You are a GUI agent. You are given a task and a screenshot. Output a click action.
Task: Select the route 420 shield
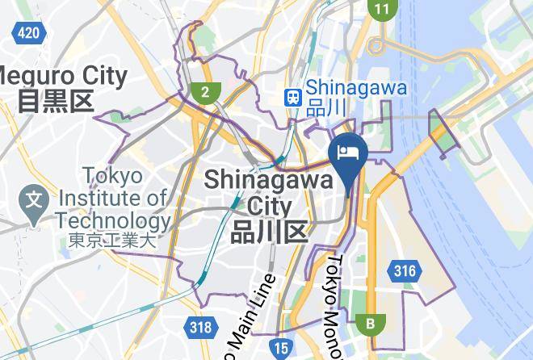click(28, 33)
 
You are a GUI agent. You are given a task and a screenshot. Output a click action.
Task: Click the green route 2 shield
click(205, 91)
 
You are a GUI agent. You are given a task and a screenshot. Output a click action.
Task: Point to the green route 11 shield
click(381, 9)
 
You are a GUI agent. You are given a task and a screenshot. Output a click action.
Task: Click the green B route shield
click(371, 324)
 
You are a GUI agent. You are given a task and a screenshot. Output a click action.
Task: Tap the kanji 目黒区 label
click(56, 102)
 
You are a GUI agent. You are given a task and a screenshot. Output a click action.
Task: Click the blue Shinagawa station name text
click(356, 87)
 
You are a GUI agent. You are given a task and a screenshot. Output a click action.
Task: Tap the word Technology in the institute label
click(113, 220)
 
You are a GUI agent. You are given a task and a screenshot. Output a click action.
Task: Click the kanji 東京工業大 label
click(111, 240)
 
